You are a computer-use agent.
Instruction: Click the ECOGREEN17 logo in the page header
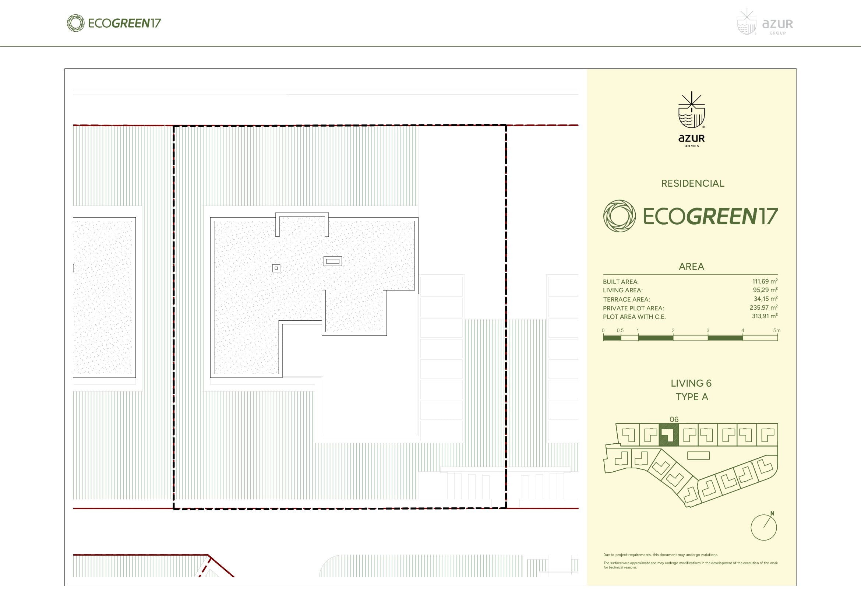coord(114,23)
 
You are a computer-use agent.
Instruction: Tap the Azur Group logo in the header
coord(765,22)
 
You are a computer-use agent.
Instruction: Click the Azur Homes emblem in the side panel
coord(692,119)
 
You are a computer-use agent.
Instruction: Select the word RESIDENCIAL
coord(693,183)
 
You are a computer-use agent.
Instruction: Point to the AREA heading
coord(692,267)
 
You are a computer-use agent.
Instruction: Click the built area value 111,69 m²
coord(765,281)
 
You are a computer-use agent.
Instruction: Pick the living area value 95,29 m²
coord(765,290)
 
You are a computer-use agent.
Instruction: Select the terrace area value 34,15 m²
coord(765,299)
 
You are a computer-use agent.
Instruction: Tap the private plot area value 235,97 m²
coord(763,307)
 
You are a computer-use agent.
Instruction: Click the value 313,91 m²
coord(764,316)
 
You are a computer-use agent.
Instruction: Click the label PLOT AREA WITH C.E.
coord(634,317)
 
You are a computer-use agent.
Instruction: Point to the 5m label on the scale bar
coord(777,330)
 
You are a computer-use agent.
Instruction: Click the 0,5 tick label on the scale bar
coord(620,330)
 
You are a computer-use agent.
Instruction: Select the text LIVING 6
coord(691,383)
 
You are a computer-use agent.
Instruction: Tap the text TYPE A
coord(692,397)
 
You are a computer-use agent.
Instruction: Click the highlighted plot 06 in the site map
coord(668,435)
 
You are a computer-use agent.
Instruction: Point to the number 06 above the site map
coord(674,420)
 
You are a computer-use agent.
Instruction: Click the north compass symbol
coord(763,527)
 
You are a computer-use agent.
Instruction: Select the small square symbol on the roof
coord(276,268)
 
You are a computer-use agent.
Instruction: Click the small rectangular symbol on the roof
coord(333,261)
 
